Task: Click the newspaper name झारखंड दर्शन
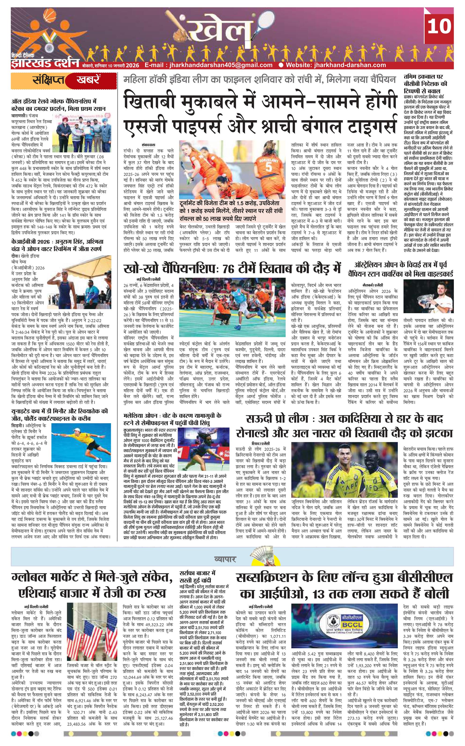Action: point(45,62)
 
